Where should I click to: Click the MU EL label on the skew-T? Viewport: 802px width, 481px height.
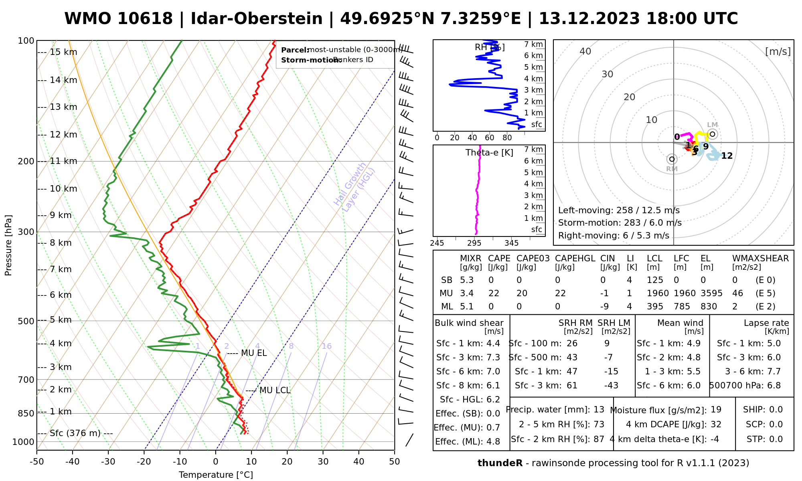pyautogui.click(x=254, y=353)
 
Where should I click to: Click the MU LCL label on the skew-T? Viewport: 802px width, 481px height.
pyautogui.click(x=275, y=390)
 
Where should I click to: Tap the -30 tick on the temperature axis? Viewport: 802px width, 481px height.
pyautogui.click(x=108, y=462)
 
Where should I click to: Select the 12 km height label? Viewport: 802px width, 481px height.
pyautogui.click(x=63, y=135)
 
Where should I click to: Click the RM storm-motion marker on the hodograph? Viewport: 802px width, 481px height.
pyautogui.click(x=672, y=159)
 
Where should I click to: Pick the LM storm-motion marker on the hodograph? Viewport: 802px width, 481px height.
pyautogui.click(x=712, y=134)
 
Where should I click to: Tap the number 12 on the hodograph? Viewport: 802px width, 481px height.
pyautogui.click(x=727, y=156)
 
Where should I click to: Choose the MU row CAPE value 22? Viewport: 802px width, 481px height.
pyautogui.click(x=494, y=293)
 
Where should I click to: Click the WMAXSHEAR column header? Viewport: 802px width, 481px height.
pyautogui.click(x=760, y=259)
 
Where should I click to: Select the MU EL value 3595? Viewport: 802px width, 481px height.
pyautogui.click(x=711, y=293)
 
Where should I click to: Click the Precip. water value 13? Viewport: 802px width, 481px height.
pyautogui.click(x=599, y=410)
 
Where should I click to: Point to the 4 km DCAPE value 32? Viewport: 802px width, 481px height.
pyautogui.click(x=716, y=424)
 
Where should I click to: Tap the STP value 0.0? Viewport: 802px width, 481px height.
pyautogui.click(x=776, y=439)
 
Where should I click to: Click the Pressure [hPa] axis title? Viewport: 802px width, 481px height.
pyautogui.click(x=8, y=245)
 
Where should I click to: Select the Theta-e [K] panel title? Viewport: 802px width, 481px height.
pyautogui.click(x=489, y=153)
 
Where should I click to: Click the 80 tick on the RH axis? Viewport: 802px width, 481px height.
pyautogui.click(x=507, y=138)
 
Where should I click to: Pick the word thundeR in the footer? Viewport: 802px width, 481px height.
pyautogui.click(x=500, y=463)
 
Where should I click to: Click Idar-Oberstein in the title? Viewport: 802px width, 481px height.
pyautogui.click(x=256, y=19)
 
